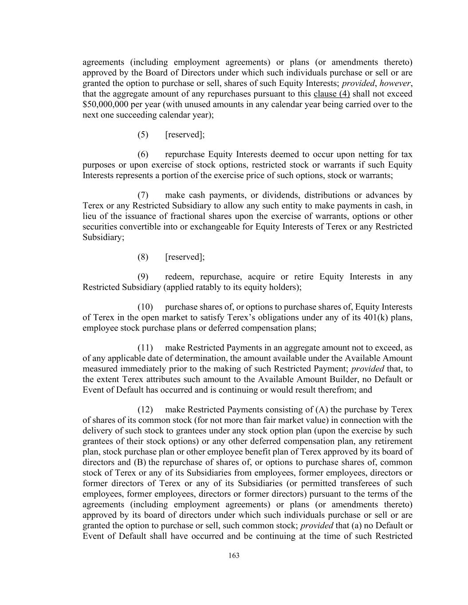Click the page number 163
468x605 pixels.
(234, 556)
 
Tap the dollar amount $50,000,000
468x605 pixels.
(105, 105)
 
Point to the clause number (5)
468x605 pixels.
(143, 135)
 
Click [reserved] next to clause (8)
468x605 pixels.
(185, 257)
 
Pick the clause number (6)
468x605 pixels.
(143, 154)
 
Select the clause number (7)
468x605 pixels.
(143, 195)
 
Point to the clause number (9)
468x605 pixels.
(143, 277)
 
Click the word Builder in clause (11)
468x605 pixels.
(353, 379)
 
